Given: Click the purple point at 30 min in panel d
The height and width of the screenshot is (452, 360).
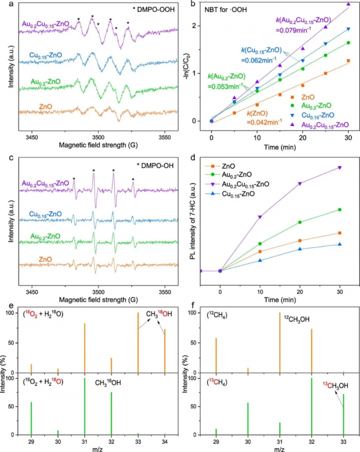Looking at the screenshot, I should (340, 167).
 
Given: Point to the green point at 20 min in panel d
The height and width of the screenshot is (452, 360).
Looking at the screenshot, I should (301, 222).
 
